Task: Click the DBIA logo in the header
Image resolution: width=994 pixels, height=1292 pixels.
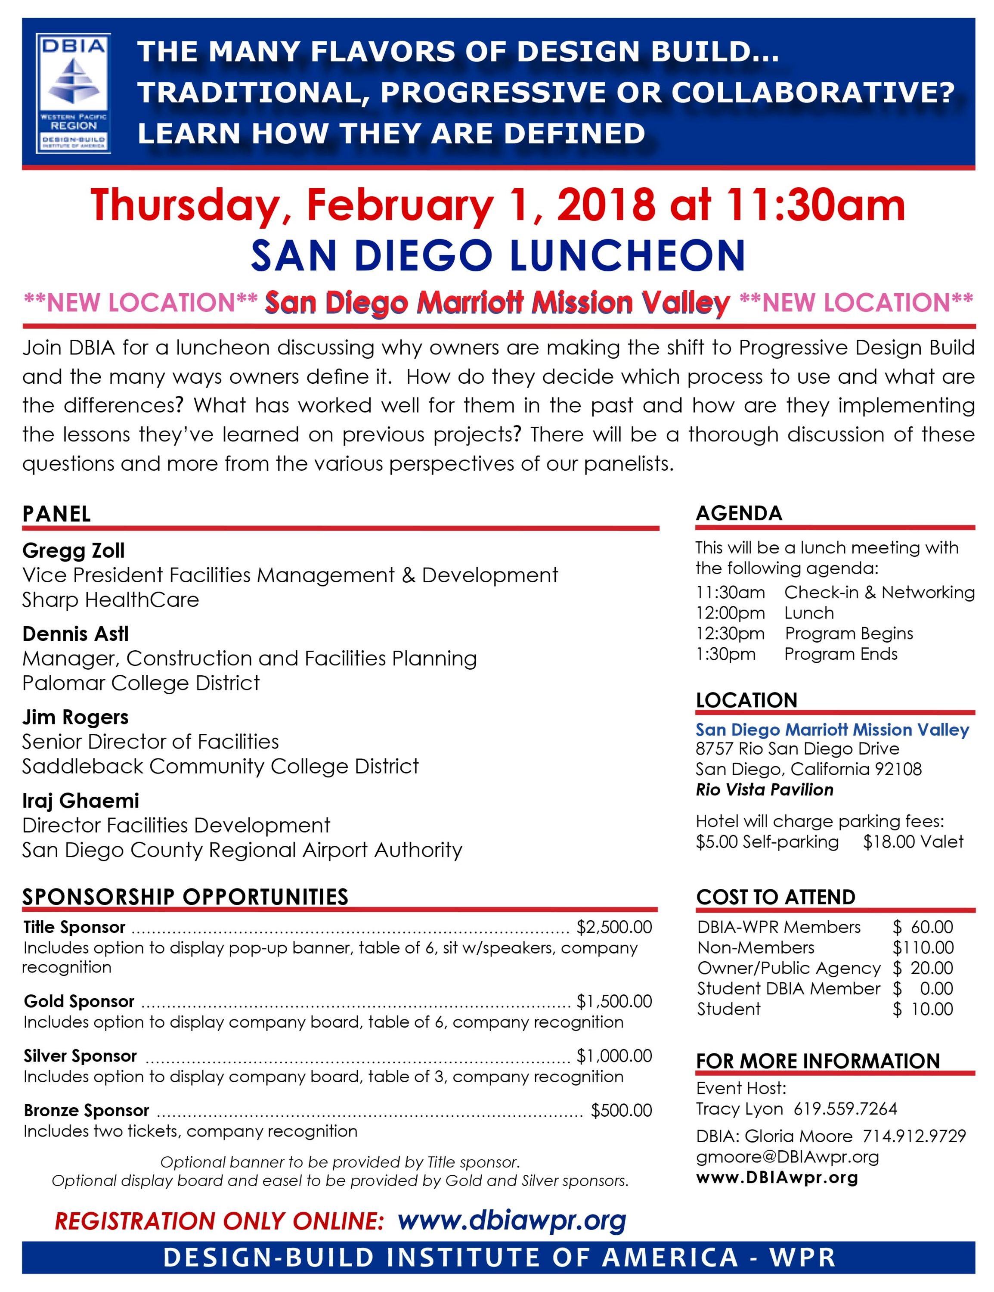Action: click(73, 93)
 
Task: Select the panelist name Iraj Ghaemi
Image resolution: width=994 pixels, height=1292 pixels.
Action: click(81, 801)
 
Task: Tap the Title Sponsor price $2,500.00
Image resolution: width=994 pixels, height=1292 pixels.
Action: click(614, 926)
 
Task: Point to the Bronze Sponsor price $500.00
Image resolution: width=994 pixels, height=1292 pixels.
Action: click(621, 1110)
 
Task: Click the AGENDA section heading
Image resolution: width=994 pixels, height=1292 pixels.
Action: click(739, 513)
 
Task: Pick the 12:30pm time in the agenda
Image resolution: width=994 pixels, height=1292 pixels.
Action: click(730, 633)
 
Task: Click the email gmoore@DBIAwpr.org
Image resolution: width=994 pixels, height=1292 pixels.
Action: click(787, 1156)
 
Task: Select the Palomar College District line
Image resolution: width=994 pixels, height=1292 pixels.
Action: click(141, 683)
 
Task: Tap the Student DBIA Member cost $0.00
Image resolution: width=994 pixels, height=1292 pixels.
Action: click(923, 988)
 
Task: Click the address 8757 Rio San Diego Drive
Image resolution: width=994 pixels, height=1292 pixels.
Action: click(797, 748)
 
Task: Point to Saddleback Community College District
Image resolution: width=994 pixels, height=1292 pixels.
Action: click(220, 766)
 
